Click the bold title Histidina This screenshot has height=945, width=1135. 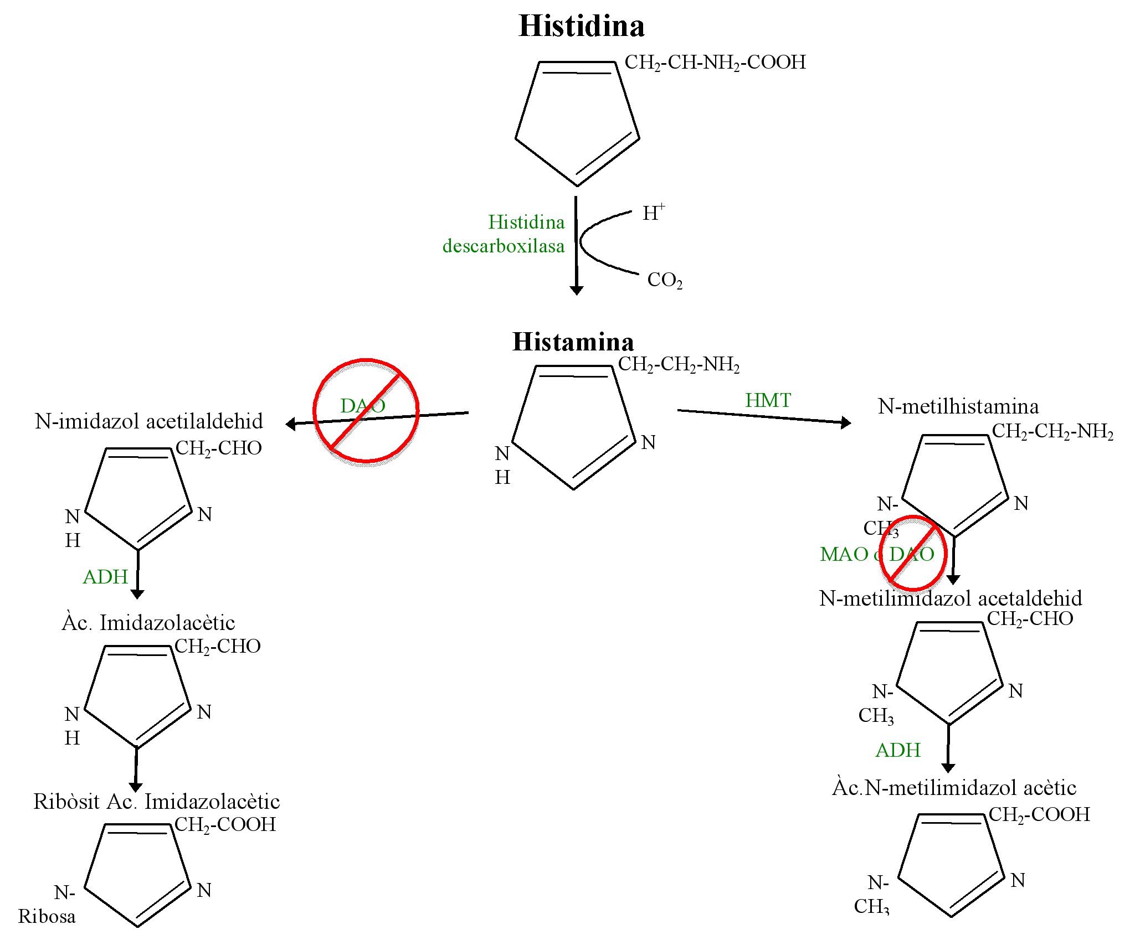(x=582, y=27)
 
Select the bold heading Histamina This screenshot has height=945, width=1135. (x=573, y=342)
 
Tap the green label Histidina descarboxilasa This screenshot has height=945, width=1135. (x=504, y=234)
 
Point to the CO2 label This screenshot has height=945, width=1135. (x=665, y=280)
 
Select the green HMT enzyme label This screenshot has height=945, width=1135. (x=768, y=400)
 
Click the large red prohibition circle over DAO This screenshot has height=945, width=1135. (x=366, y=410)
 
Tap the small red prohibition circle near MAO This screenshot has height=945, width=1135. (x=913, y=553)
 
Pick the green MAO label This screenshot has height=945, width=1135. (x=844, y=554)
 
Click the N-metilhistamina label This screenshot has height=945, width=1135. (x=958, y=407)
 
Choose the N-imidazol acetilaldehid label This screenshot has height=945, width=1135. (x=149, y=422)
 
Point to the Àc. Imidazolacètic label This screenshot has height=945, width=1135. (x=148, y=623)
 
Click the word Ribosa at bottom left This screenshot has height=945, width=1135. (x=47, y=917)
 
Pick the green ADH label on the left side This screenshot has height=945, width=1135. (x=105, y=577)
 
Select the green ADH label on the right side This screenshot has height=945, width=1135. (x=898, y=751)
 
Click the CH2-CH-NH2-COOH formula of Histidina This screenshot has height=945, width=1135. (x=715, y=63)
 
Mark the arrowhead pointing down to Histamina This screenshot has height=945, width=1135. (x=577, y=291)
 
